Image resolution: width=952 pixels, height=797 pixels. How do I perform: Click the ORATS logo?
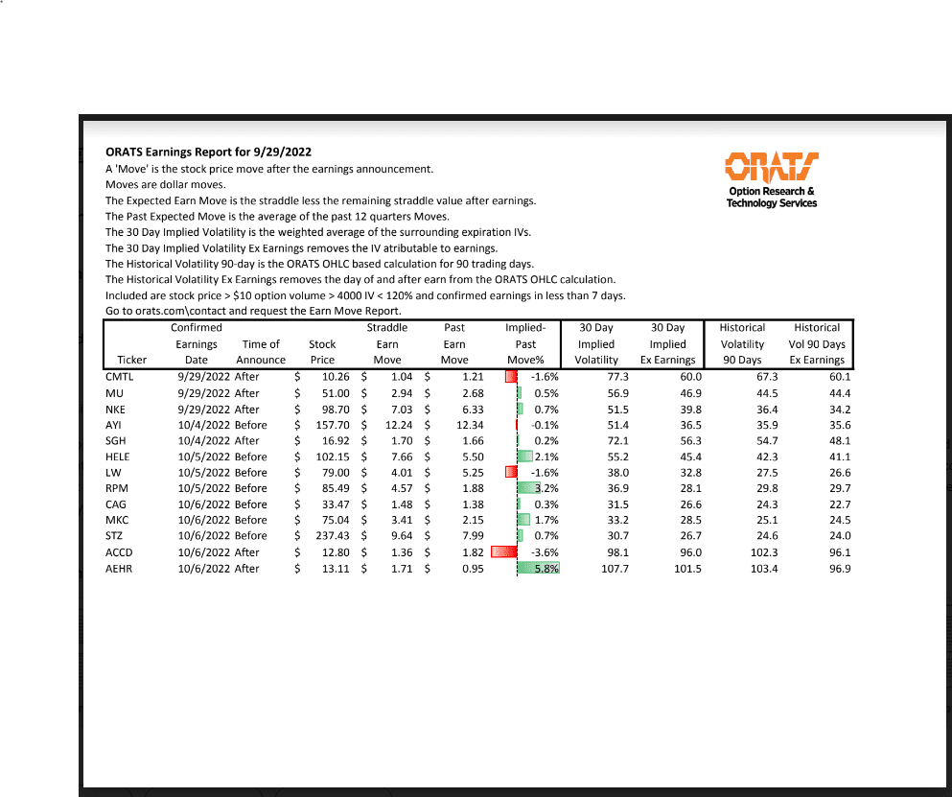pyautogui.click(x=772, y=167)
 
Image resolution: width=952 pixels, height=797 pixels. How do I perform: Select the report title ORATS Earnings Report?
pyautogui.click(x=208, y=152)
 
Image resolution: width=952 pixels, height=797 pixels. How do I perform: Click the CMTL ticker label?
pyautogui.click(x=120, y=377)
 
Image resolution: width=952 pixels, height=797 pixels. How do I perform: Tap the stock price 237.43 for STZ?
pyautogui.click(x=322, y=536)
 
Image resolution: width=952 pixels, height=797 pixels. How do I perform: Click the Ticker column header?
pyautogui.click(x=132, y=361)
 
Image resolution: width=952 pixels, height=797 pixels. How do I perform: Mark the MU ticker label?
pyautogui.click(x=114, y=393)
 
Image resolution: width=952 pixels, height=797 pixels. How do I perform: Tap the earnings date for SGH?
pyautogui.click(x=204, y=441)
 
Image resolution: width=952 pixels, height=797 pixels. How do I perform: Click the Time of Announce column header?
pyautogui.click(x=261, y=352)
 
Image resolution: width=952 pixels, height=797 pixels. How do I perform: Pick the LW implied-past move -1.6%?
pyautogui.click(x=544, y=473)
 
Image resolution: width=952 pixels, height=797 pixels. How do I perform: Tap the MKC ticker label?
pyautogui.click(x=117, y=521)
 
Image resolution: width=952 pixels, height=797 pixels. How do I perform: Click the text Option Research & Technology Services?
pyautogui.click(x=772, y=198)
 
